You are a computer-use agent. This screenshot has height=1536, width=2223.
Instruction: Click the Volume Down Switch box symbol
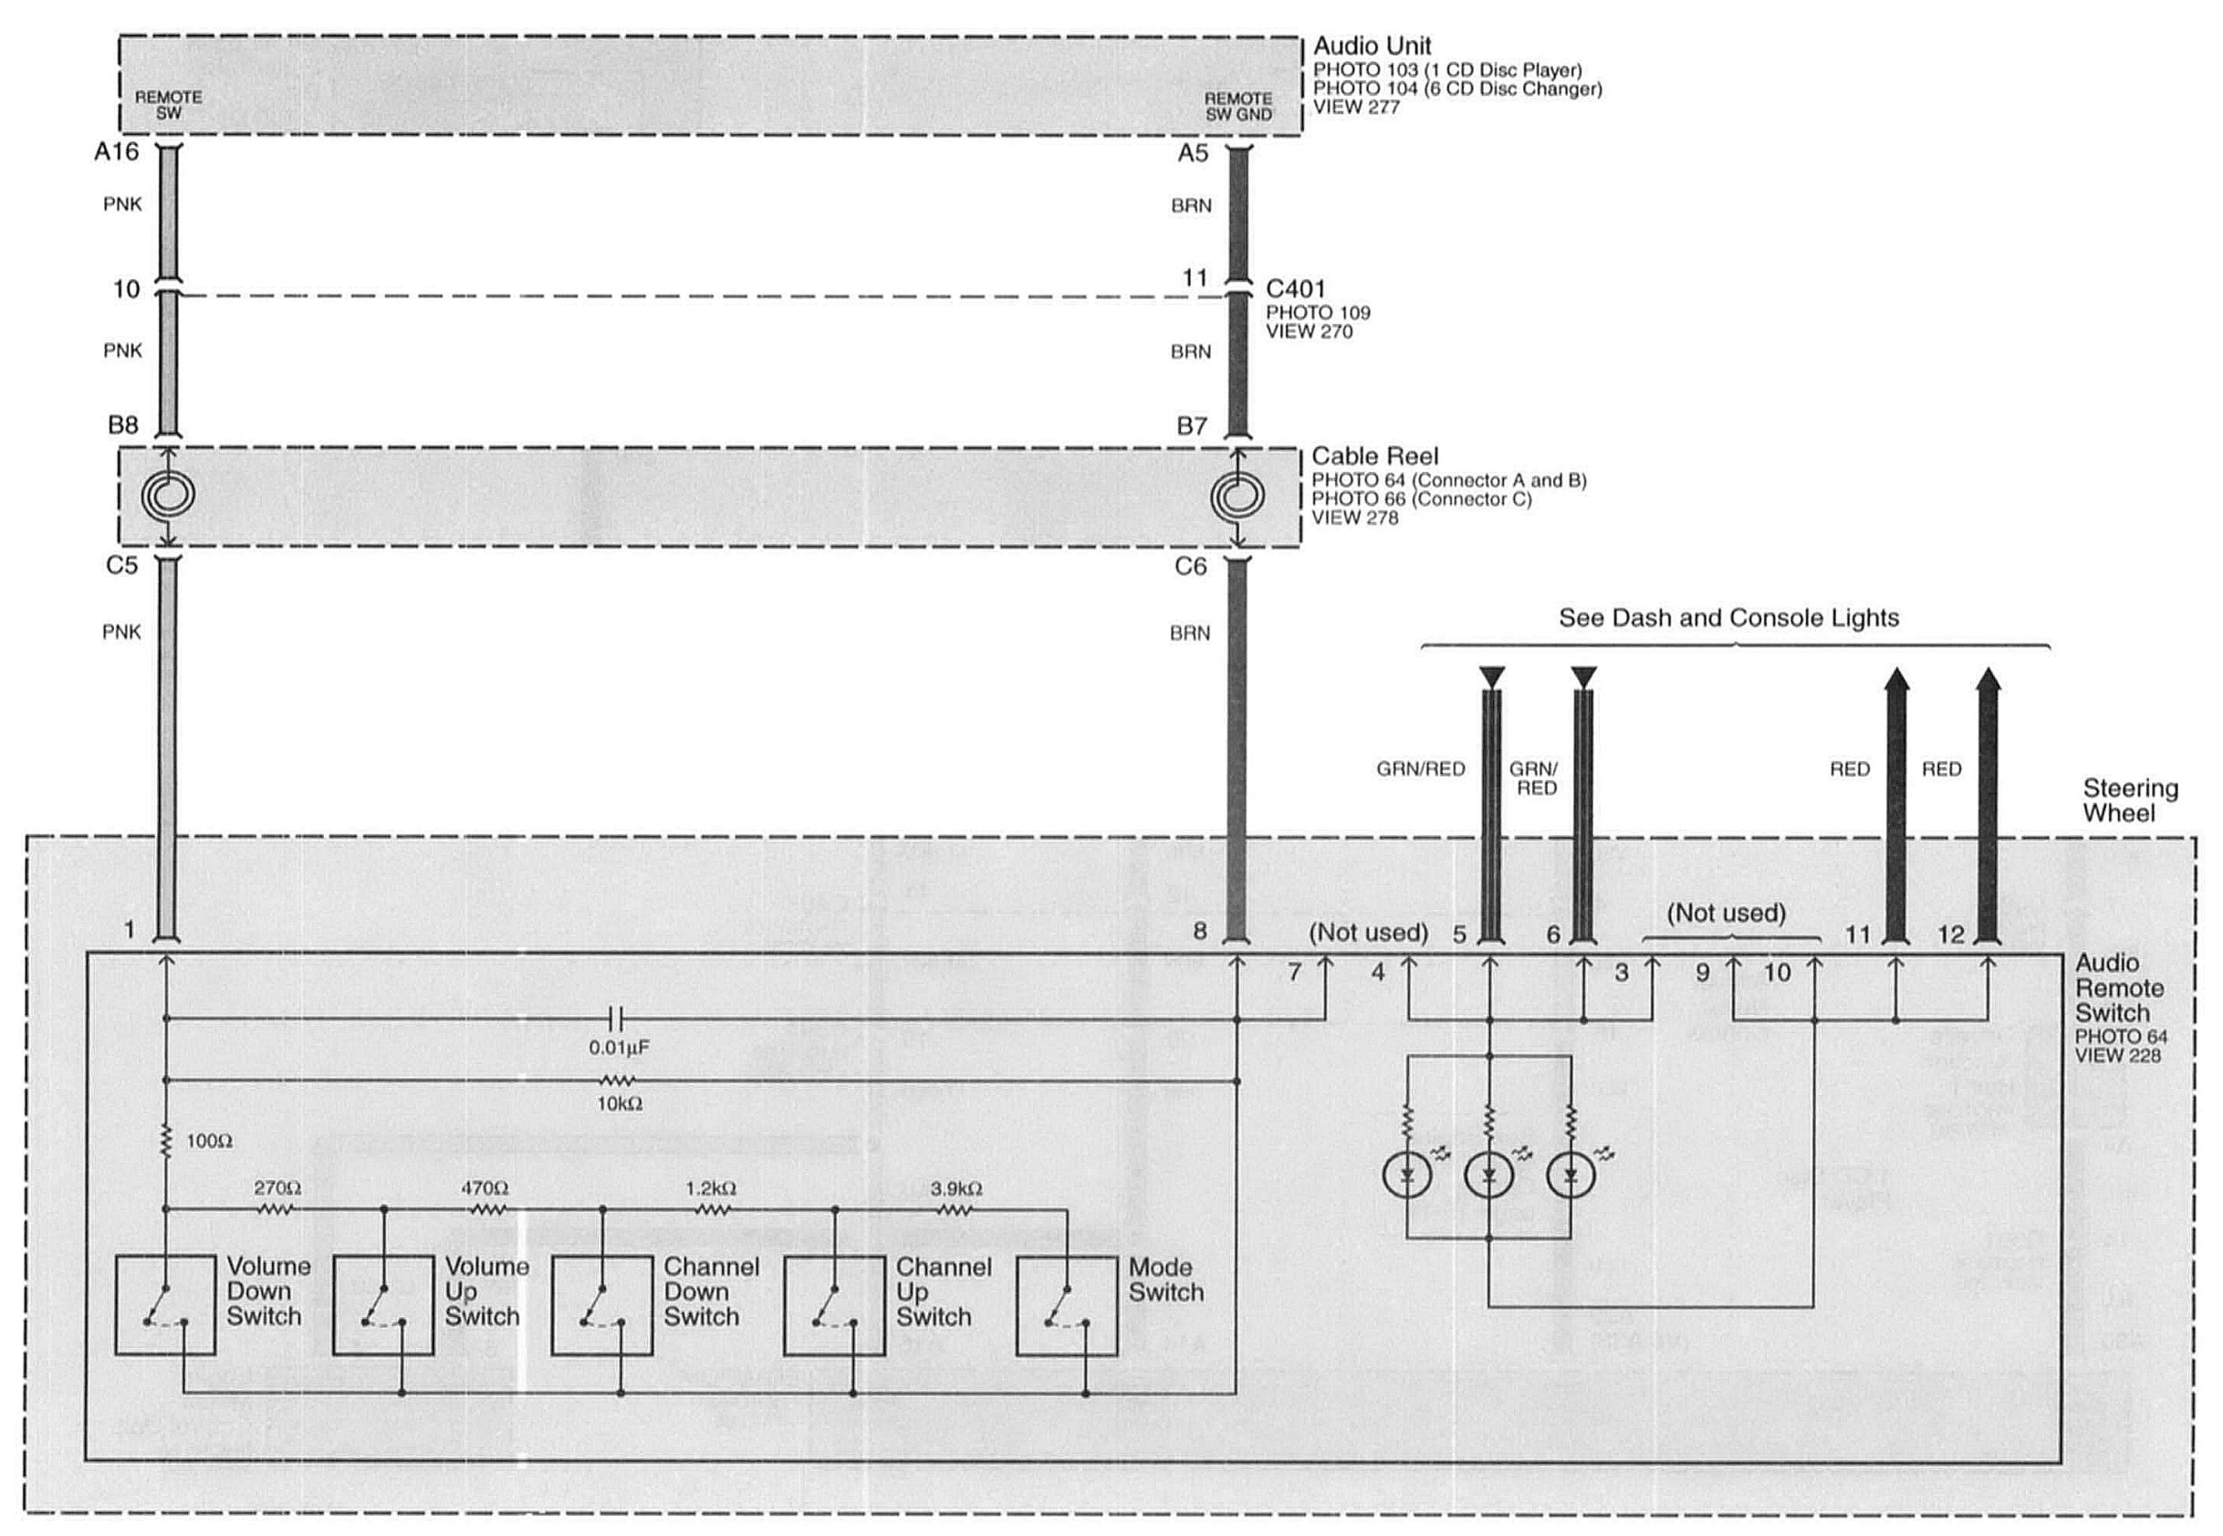(164, 1304)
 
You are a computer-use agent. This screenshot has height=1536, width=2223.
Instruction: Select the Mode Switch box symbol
(1066, 1304)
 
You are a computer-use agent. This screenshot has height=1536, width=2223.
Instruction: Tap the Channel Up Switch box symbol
(833, 1304)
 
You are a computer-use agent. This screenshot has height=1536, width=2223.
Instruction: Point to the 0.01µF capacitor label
(619, 1047)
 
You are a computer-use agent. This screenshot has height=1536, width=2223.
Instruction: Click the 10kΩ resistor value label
(619, 1104)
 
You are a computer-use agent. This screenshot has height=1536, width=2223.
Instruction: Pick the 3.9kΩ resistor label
(955, 1188)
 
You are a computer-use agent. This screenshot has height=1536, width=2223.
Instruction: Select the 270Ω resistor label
(277, 1188)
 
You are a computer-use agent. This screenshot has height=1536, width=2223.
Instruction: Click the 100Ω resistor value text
(209, 1142)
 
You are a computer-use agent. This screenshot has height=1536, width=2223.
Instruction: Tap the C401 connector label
(1295, 288)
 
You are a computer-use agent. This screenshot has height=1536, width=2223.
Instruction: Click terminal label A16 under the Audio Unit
(117, 152)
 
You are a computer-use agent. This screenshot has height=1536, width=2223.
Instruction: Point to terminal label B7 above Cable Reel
(1192, 425)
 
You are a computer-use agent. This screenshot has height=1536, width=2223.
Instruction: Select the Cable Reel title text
(1374, 456)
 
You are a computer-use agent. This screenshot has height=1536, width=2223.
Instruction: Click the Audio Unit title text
(1372, 47)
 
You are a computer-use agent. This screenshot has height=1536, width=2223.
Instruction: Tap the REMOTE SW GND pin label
(1237, 106)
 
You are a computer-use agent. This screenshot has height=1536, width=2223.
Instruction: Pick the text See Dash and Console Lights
(1728, 618)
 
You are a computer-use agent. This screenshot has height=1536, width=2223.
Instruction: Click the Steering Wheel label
(2130, 800)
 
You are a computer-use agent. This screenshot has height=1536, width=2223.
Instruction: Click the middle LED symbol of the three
(1488, 1176)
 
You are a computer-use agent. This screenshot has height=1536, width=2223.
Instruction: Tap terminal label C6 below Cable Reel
(1190, 566)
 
